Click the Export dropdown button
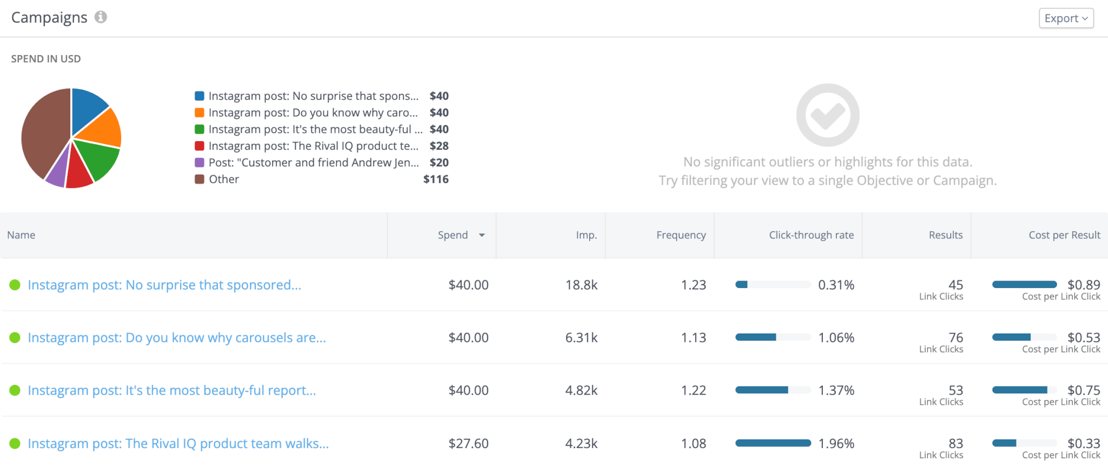[1066, 18]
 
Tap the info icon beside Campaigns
[101, 17]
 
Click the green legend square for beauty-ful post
[200, 129]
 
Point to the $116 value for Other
[436, 179]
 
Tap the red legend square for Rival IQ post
[200, 146]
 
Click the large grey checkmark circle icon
[827, 115]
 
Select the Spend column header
[453, 235]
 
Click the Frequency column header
[681, 235]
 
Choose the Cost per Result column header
[1064, 235]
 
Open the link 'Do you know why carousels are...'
[176, 338]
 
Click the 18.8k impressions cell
[581, 285]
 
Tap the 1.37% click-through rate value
[836, 390]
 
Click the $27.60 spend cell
[468, 444]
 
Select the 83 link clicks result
[955, 444]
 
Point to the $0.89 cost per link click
[1083, 285]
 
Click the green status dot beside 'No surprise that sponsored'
[15, 285]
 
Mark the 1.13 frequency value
[693, 338]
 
